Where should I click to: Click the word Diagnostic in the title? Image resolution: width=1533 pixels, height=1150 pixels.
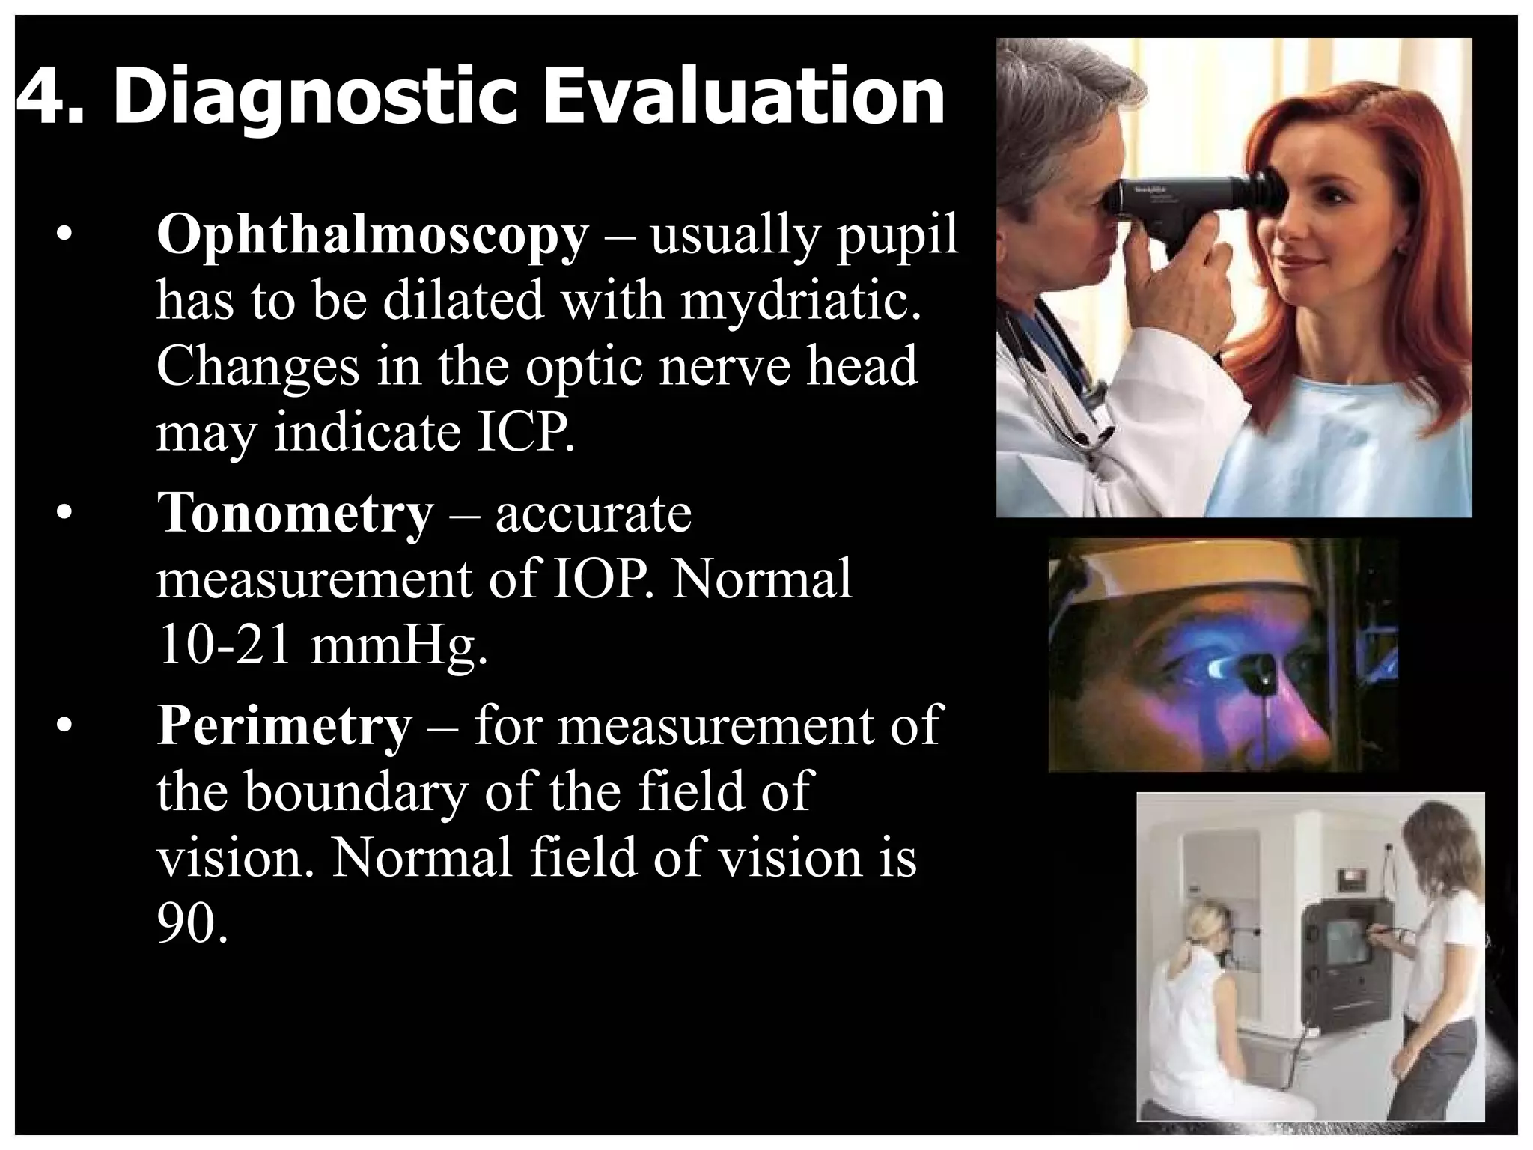315,97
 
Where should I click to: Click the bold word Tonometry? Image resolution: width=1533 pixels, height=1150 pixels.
295,514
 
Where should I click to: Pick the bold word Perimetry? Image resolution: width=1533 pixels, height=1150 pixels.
284,725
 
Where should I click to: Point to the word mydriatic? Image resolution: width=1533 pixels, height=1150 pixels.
800,301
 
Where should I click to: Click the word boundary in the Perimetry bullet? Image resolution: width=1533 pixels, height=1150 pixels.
355,791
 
